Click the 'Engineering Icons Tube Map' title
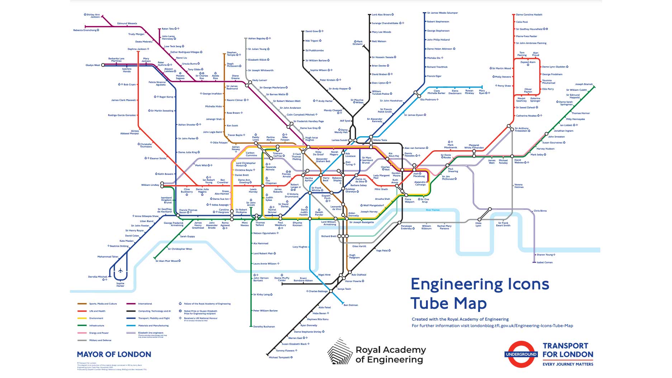coord(479,294)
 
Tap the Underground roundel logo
coord(521,354)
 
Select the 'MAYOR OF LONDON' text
coord(114,354)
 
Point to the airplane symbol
coord(120,270)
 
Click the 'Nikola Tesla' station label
coord(380,140)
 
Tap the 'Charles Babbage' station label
coord(318,291)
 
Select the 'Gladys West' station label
coord(93,65)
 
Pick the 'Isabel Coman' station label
coord(544,263)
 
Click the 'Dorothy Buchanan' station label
coord(264,327)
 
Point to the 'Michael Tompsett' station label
coord(279,358)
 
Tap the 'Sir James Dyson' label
coord(413,115)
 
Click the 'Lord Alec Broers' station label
coord(381,15)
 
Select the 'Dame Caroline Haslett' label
coord(529,15)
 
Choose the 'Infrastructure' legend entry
coord(96,326)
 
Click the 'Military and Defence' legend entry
coord(100,340)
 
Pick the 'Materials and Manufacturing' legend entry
coord(153,326)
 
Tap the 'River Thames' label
coord(432,210)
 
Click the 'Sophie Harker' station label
coord(120,285)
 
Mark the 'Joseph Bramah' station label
coord(584,84)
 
